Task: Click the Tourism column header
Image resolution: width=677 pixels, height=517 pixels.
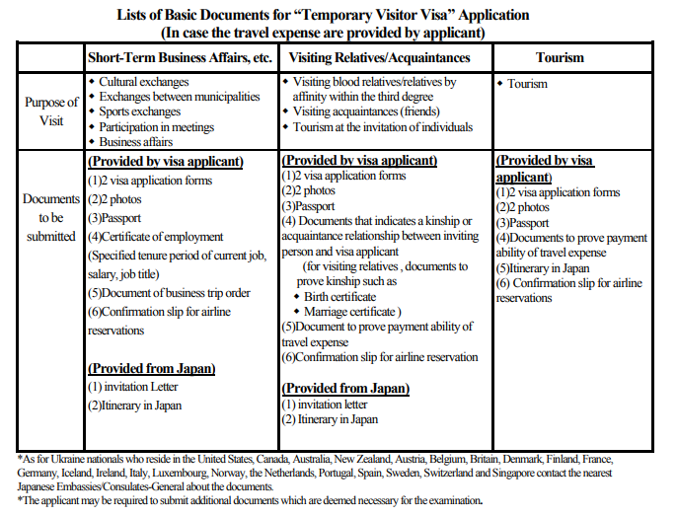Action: click(x=560, y=57)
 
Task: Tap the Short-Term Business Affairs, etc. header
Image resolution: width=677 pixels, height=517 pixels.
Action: click(x=180, y=57)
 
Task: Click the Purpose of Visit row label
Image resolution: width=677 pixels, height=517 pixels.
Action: click(x=50, y=111)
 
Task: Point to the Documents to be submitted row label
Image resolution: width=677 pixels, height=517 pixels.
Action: click(x=50, y=217)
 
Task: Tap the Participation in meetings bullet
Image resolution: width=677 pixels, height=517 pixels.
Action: click(x=155, y=127)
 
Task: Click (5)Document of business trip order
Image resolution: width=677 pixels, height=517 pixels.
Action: click(x=169, y=293)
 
